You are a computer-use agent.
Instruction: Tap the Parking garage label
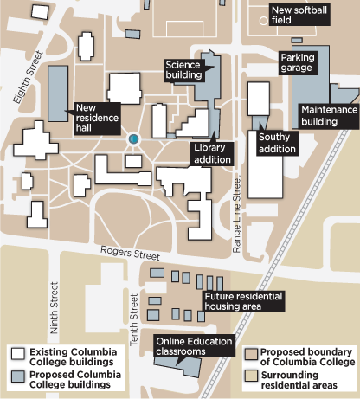tap(302, 63)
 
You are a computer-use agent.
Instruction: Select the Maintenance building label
tap(328, 116)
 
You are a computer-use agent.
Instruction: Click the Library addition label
tap(212, 153)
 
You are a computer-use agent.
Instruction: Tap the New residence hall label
tap(96, 117)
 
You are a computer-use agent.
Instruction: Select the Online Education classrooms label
tap(194, 345)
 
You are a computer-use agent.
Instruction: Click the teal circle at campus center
tap(133, 138)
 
